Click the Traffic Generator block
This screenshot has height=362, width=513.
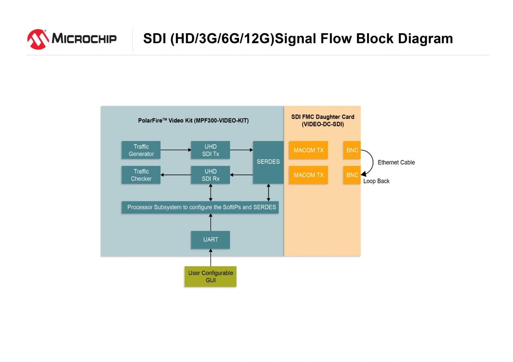(141, 150)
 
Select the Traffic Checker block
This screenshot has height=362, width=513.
(141, 175)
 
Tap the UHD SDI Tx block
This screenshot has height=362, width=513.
(210, 150)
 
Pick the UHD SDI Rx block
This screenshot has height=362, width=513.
(210, 175)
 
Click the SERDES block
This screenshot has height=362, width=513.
(268, 162)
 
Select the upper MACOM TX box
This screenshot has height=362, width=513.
(308, 150)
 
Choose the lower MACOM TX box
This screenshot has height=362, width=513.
(308, 175)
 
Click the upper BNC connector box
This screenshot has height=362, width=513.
(352, 150)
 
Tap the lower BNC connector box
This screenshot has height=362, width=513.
(352, 175)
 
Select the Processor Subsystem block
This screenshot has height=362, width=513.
(200, 207)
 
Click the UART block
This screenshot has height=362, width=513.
(210, 239)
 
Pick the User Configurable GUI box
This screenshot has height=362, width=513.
(210, 276)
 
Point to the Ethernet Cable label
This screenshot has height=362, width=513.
(396, 162)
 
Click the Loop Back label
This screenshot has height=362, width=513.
(376, 181)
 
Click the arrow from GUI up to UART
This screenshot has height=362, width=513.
(210, 257)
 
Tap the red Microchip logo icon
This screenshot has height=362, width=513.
(38, 39)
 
